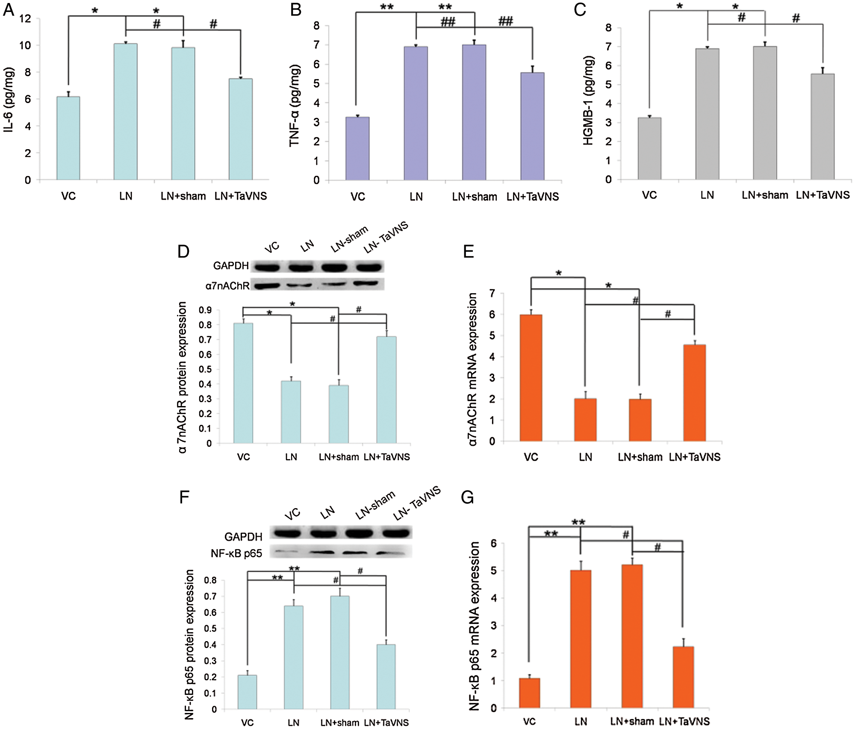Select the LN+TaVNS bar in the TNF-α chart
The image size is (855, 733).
(x=532, y=127)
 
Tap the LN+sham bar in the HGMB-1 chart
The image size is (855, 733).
(x=765, y=113)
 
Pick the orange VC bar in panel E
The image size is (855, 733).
(x=531, y=378)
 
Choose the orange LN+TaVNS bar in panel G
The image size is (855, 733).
(x=683, y=677)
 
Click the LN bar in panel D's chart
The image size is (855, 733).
(x=291, y=412)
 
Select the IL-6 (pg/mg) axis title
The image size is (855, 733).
(x=9, y=99)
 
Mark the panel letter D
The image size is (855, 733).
(x=183, y=251)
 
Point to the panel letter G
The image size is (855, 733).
(x=468, y=497)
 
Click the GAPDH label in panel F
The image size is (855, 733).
(x=243, y=537)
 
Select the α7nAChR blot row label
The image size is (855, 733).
(x=227, y=286)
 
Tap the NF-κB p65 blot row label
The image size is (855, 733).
(x=236, y=553)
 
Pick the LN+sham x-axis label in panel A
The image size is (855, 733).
(x=183, y=196)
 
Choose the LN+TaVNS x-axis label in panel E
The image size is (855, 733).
(x=695, y=457)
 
